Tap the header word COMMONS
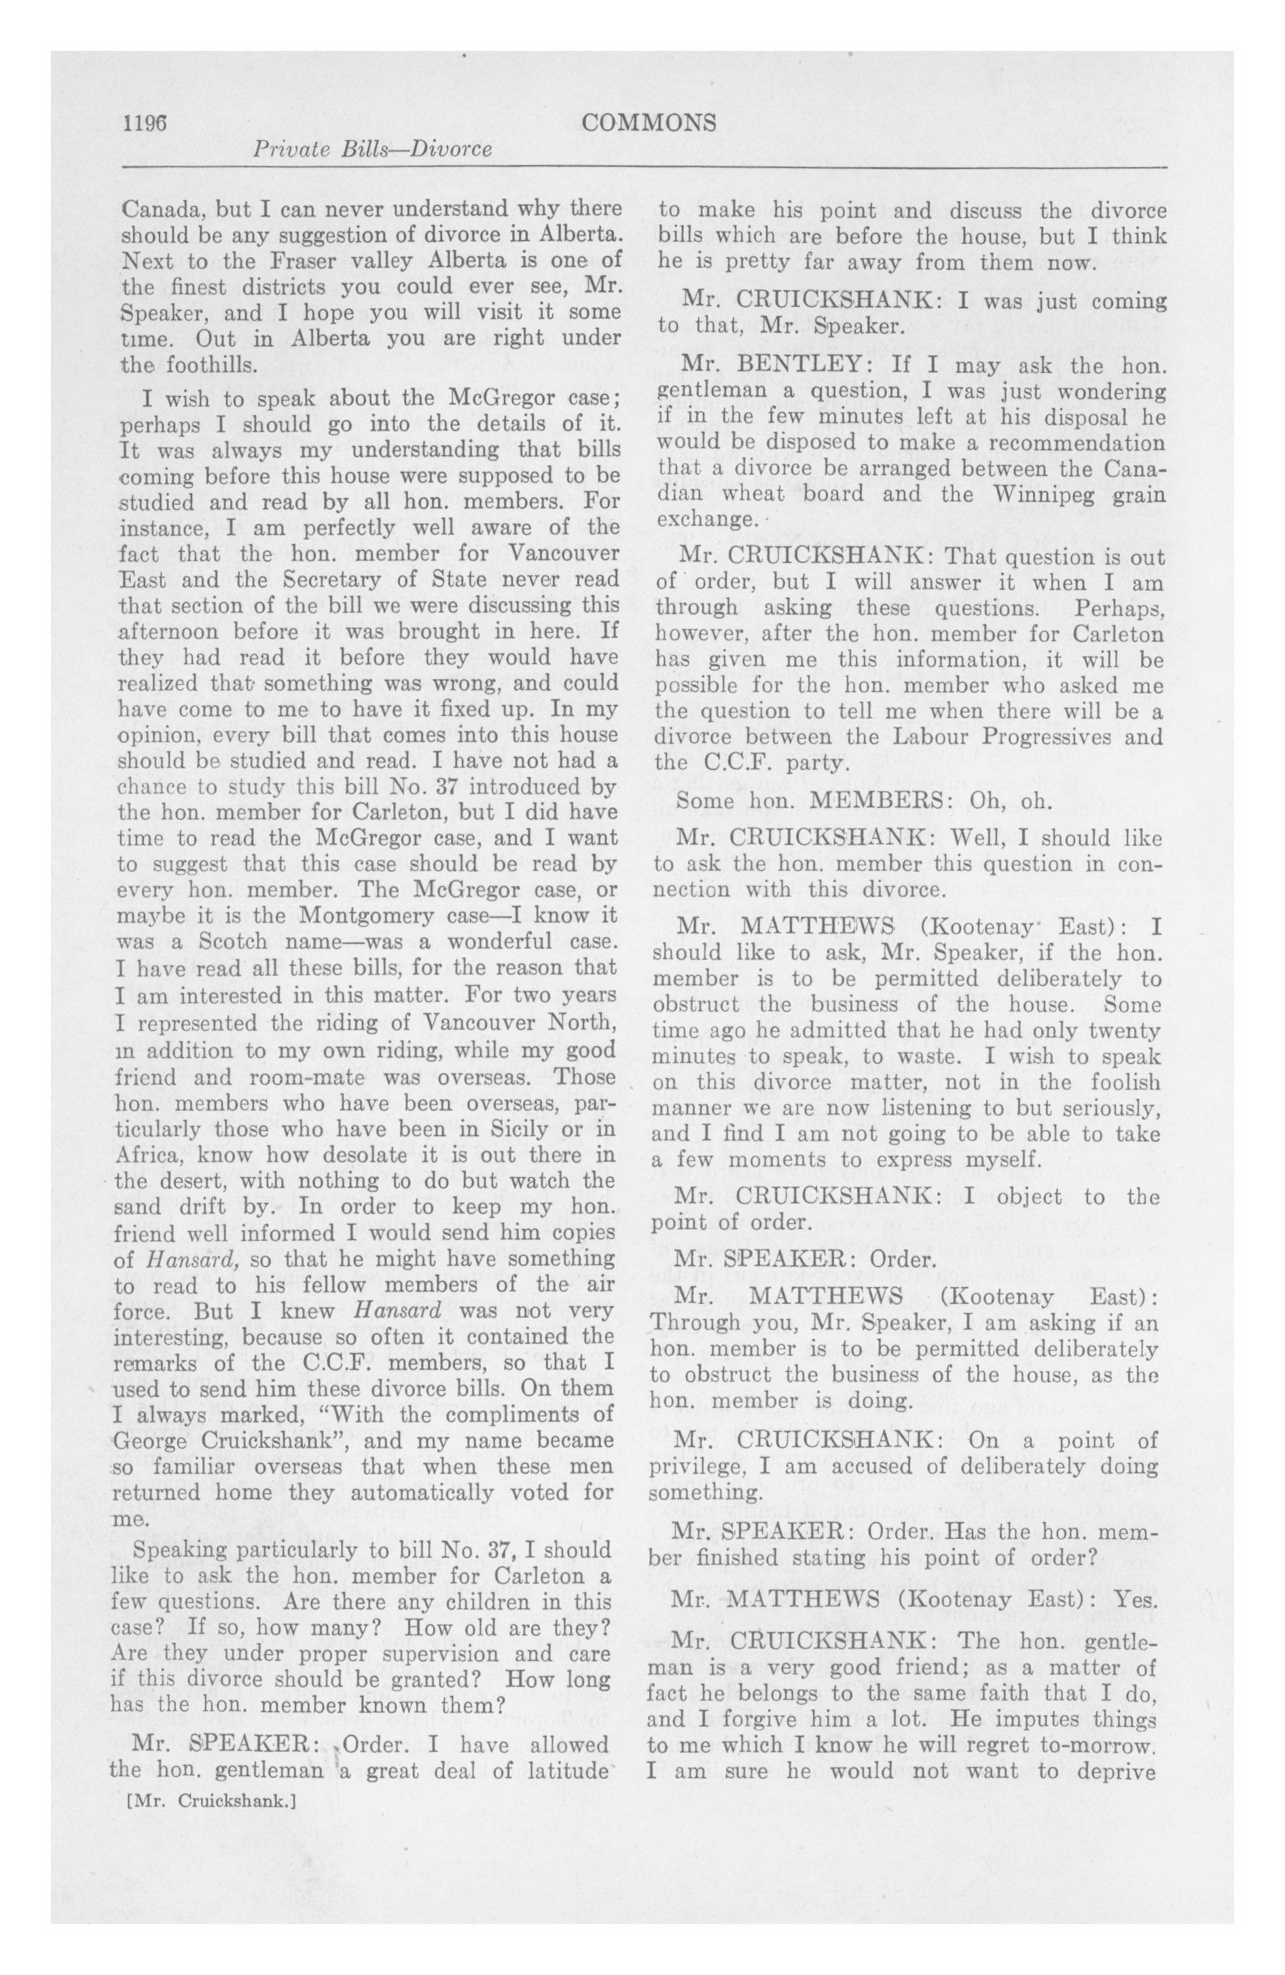click(x=649, y=123)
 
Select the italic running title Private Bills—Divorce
click(x=372, y=149)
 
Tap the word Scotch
click(x=236, y=942)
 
